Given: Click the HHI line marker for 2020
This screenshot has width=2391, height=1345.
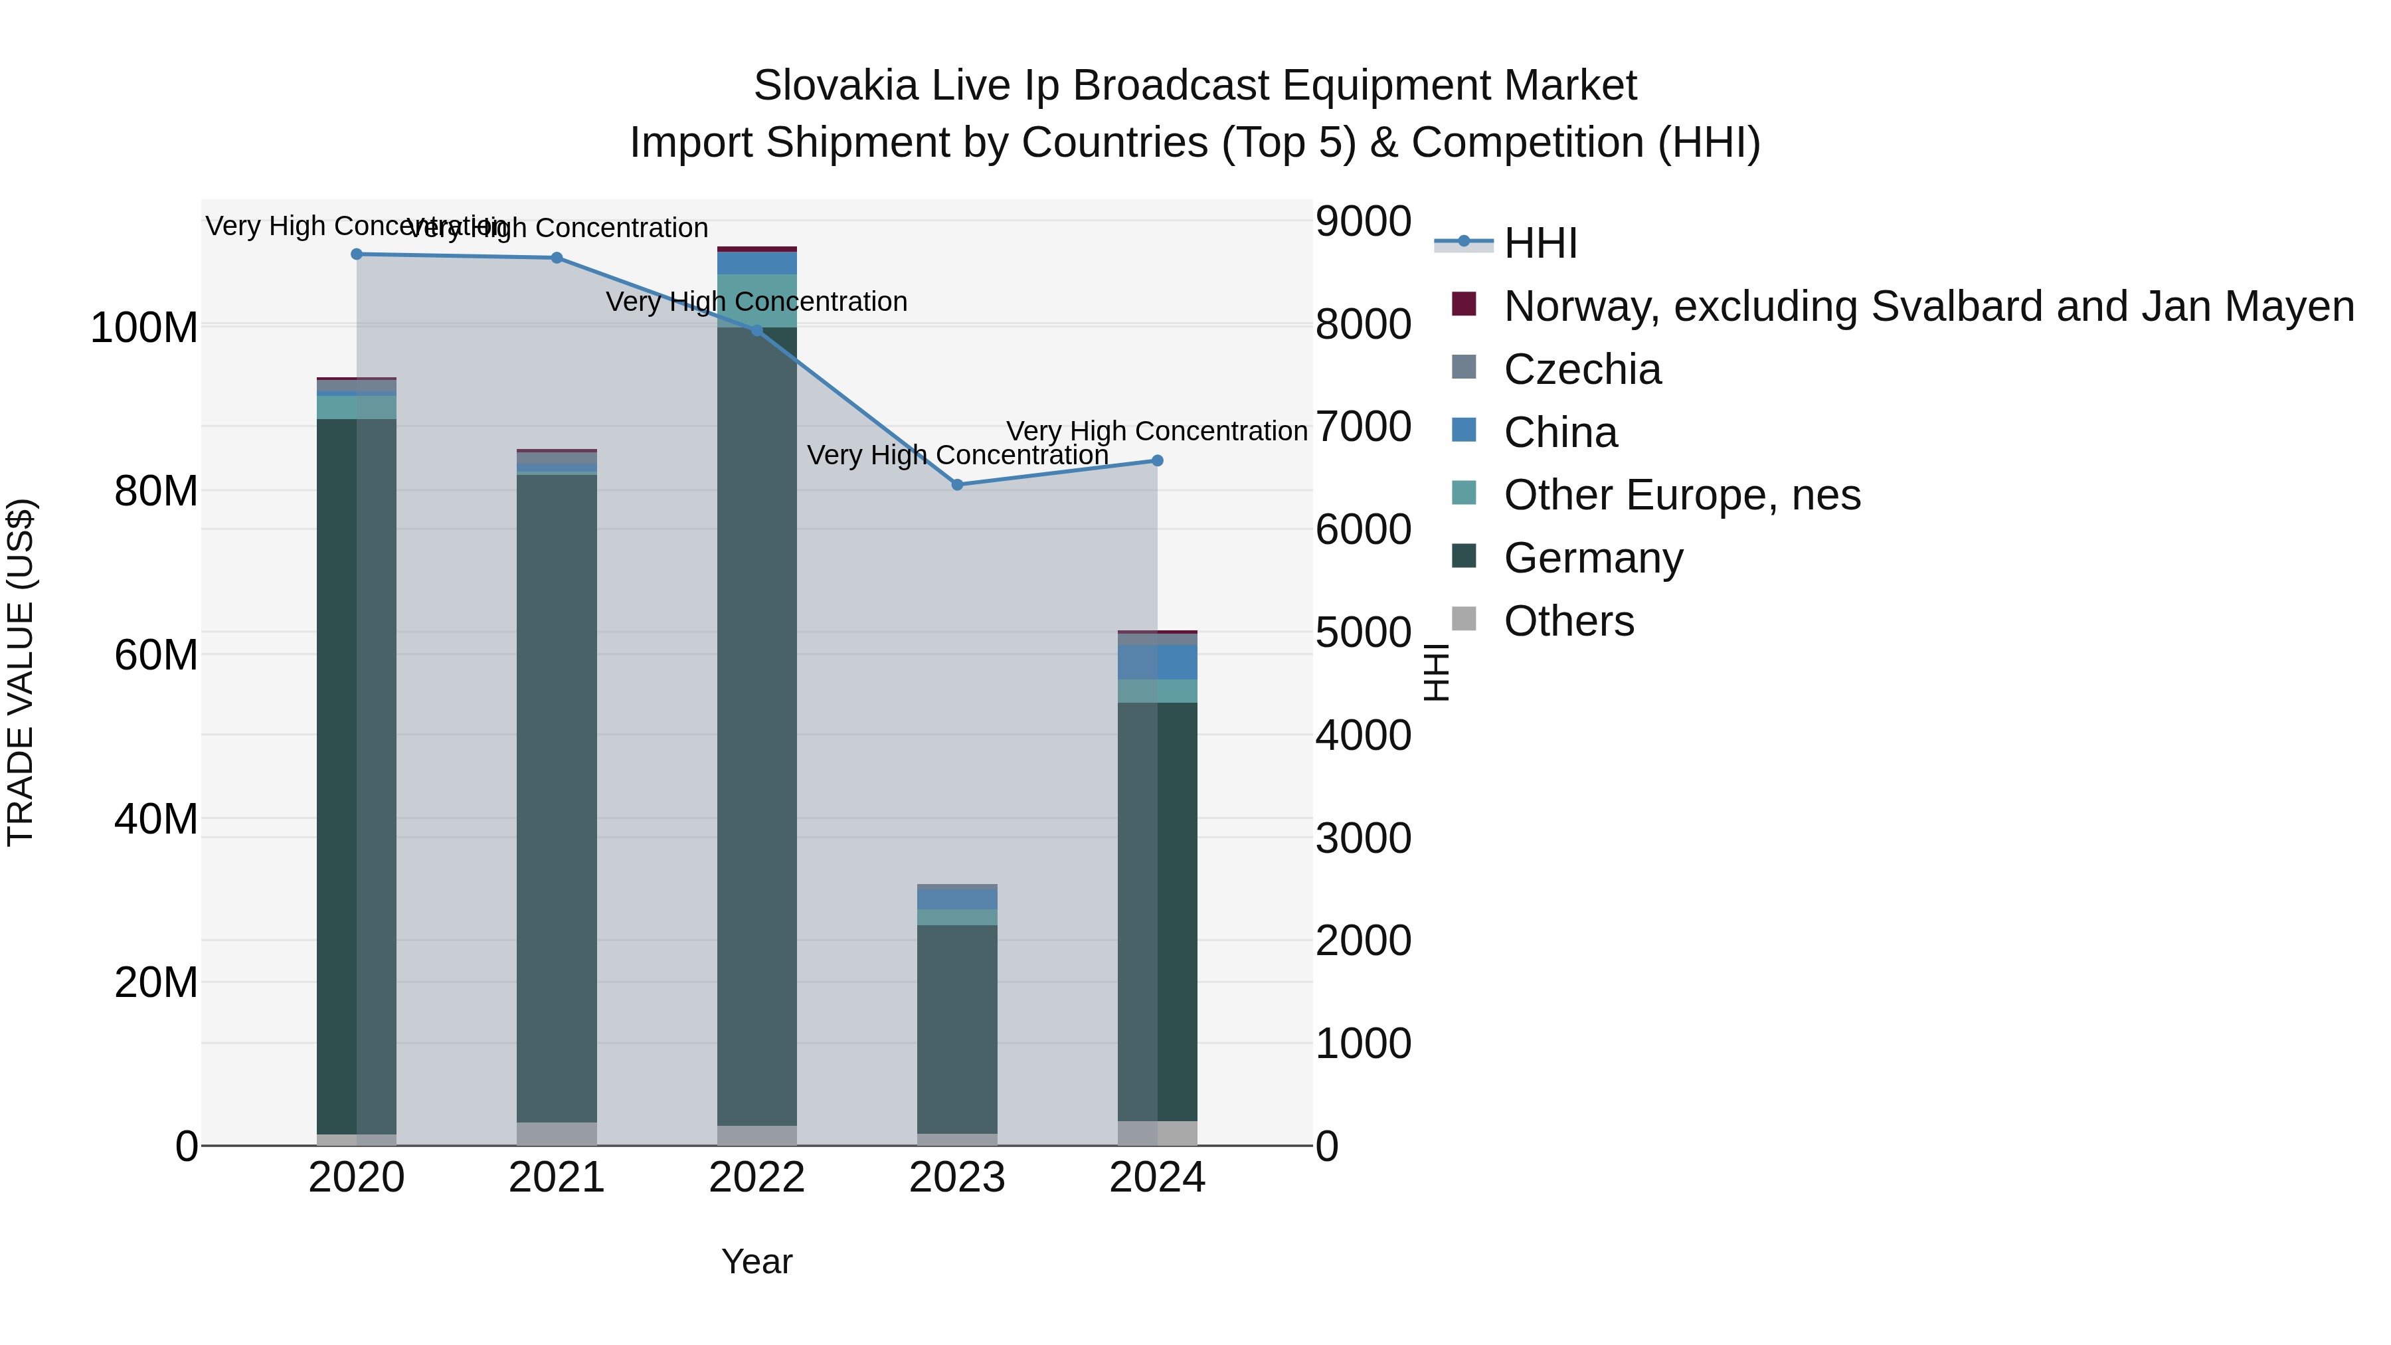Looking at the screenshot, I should pyautogui.click(x=357, y=254).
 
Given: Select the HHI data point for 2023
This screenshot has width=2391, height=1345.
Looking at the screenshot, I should pyautogui.click(x=957, y=485).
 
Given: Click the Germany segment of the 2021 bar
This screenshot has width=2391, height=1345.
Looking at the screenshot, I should pyautogui.click(x=557, y=798).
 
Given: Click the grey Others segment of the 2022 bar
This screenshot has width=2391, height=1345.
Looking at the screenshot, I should pyautogui.click(x=756, y=1135).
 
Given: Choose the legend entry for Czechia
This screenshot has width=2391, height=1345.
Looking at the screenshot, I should pyautogui.click(x=1581, y=369).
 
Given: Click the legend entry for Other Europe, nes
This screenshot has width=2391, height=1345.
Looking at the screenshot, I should pyautogui.click(x=1681, y=495).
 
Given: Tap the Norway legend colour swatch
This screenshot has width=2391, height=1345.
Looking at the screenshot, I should pyautogui.click(x=1464, y=304).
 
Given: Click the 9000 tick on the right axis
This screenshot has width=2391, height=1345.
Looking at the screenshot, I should pyautogui.click(x=1363, y=222).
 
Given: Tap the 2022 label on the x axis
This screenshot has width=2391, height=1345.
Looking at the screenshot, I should pyautogui.click(x=756, y=1178).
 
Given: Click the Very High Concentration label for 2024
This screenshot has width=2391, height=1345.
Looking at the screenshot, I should pyautogui.click(x=1156, y=432).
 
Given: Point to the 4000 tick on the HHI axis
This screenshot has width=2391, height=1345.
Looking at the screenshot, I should pyautogui.click(x=1363, y=735).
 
